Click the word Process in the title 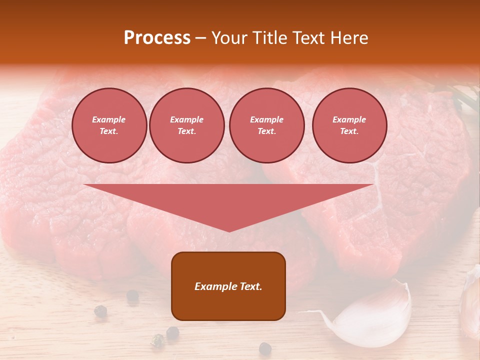pos(157,38)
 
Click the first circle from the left pos(109,125)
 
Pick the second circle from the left pos(186,125)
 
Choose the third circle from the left pos(266,125)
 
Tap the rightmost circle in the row pos(349,125)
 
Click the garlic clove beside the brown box pos(375,315)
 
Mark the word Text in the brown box pos(249,286)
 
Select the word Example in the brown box pos(215,286)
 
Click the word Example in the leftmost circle pos(109,119)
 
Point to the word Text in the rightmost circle pos(349,131)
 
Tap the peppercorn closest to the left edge pos(100,310)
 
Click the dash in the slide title pos(200,38)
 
